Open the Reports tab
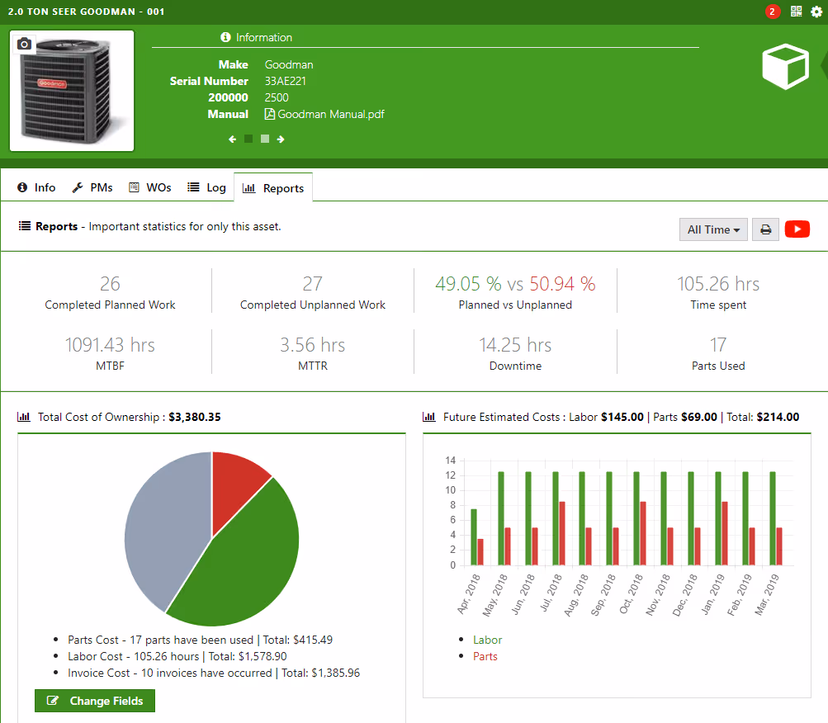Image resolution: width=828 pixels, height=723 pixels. coord(273,188)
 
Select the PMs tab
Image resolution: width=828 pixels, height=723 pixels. coord(92,187)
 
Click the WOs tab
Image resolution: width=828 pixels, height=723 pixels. coord(150,187)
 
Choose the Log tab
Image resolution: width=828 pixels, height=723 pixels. coord(206,187)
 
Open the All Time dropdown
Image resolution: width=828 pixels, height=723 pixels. coord(713,229)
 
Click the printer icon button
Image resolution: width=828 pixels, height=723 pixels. coord(765,229)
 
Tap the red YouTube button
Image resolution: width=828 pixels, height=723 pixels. coord(797,229)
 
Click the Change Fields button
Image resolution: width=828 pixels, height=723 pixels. coord(95,701)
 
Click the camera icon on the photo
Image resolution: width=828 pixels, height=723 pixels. coord(25,44)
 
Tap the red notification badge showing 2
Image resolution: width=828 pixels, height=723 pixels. coord(772,12)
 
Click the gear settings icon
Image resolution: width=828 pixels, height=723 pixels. coord(816,12)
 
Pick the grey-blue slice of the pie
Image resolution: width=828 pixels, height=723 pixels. coord(161,528)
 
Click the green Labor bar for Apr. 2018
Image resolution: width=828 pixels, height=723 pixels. coord(474,536)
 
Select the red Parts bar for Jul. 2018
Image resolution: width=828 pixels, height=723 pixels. coord(562,533)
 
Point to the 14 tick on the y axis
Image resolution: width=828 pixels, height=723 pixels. coord(450,460)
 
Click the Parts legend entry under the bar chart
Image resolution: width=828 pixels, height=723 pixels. coord(485,656)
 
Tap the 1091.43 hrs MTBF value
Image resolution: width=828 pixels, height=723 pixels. coord(110,344)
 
